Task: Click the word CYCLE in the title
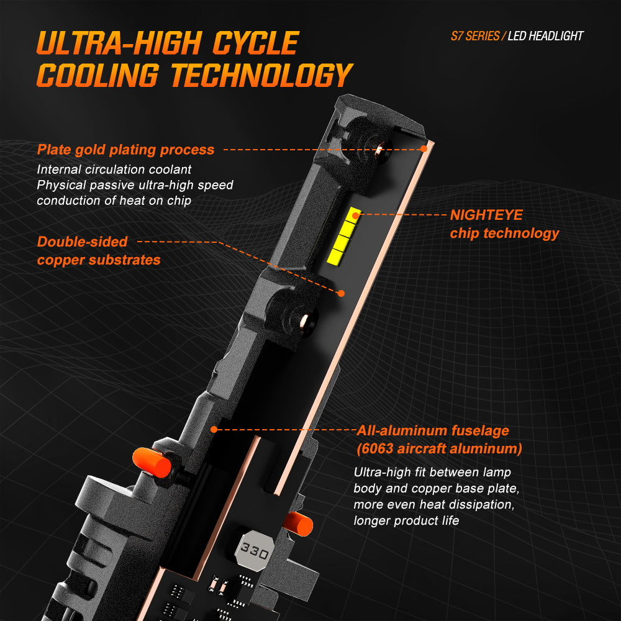256,43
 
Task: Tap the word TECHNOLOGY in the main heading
261,75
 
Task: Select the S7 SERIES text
475,36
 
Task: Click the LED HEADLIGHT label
545,36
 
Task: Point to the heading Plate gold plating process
125,150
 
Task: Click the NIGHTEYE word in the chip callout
486,215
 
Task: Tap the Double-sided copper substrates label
99,251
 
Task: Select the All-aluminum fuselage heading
433,430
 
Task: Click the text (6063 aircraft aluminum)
439,448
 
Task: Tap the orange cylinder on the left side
152,462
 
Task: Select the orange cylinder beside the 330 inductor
299,523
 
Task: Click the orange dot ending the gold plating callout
424,149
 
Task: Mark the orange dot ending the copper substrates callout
341,293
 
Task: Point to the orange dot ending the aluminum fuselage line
214,429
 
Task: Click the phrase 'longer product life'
406,520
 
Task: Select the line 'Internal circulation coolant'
114,170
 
